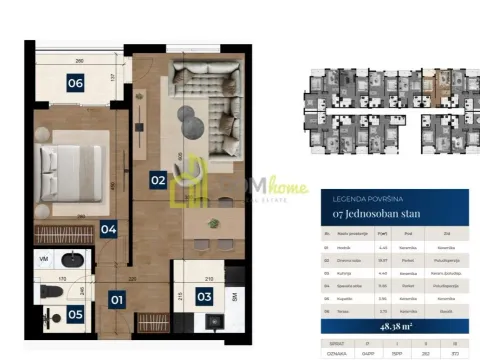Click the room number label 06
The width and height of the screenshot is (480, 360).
click(x=75, y=84)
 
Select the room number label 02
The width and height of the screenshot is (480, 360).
click(x=157, y=180)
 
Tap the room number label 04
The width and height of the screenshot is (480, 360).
click(x=109, y=229)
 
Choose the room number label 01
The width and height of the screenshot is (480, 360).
click(x=117, y=298)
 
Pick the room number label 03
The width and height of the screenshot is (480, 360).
click(x=203, y=296)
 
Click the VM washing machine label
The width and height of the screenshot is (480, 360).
click(x=43, y=257)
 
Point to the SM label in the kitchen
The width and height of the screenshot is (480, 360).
click(x=233, y=297)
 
